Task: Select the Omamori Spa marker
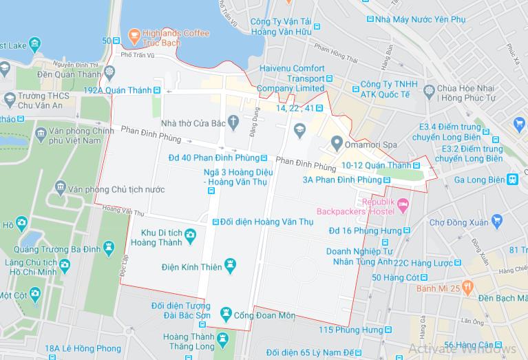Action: (337, 143)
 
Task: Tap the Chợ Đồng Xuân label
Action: (458, 222)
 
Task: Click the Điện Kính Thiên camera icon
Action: (231, 264)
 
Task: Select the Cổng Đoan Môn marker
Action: (225, 315)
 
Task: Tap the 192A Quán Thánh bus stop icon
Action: (157, 89)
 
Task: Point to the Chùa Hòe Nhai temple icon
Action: (430, 89)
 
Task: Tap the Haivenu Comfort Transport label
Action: (292, 78)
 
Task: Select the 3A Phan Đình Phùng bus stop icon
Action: (387, 180)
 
